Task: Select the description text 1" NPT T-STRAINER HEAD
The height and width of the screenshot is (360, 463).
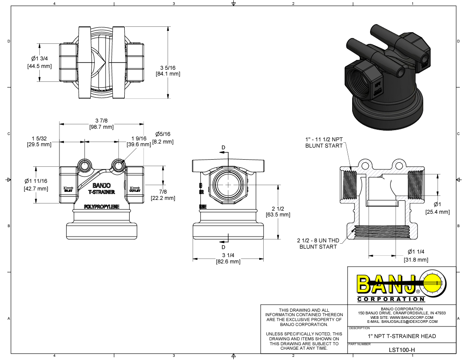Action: pos(402,336)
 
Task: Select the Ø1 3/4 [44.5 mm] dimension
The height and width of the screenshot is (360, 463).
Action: pos(40,63)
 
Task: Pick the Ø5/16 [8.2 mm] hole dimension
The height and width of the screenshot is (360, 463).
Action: pos(163,138)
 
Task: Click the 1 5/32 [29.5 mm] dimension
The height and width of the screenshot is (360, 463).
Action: pos(39,141)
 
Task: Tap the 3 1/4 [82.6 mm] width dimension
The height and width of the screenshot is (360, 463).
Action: pos(228,258)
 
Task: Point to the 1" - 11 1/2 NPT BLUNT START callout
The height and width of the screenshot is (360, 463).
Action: pos(324,142)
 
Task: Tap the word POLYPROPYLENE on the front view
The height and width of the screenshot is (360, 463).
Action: pos(102,207)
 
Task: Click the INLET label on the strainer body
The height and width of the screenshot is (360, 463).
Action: pos(68,190)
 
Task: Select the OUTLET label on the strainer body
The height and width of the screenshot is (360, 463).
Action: pos(135,190)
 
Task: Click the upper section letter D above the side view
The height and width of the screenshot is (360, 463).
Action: pos(223,148)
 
